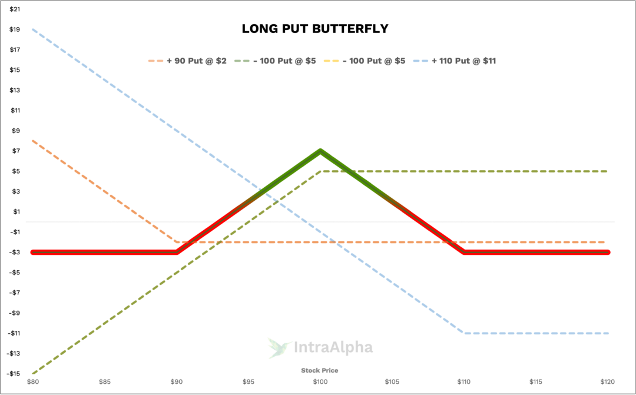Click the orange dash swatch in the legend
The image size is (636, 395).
tap(155, 61)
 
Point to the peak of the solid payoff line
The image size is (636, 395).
tap(320, 150)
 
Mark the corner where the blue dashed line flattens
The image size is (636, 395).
tap(465, 333)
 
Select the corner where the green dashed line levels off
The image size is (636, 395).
tap(320, 171)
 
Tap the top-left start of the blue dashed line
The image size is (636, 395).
tap(33, 29)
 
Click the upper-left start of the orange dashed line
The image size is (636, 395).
tap(33, 141)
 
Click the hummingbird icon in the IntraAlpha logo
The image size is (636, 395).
tap(276, 347)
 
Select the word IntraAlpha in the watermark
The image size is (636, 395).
tap(333, 348)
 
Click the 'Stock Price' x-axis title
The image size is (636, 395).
tap(320, 370)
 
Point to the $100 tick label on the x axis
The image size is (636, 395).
tap(320, 382)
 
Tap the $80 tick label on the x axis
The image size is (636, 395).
tap(33, 382)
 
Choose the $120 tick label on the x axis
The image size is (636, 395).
tap(607, 382)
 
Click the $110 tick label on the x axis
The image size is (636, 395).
tap(464, 382)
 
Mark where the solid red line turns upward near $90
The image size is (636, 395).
tap(176, 252)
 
